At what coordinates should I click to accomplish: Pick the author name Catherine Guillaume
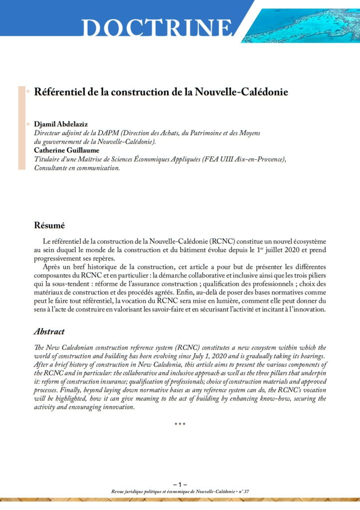click(66, 150)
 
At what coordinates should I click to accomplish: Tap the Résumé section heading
click(50, 225)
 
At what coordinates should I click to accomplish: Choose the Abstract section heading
click(49, 331)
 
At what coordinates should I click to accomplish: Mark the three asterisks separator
click(180, 424)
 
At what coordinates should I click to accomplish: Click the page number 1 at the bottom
click(180, 484)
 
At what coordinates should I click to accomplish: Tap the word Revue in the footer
click(121, 491)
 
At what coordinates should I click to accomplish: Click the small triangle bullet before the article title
click(28, 92)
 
